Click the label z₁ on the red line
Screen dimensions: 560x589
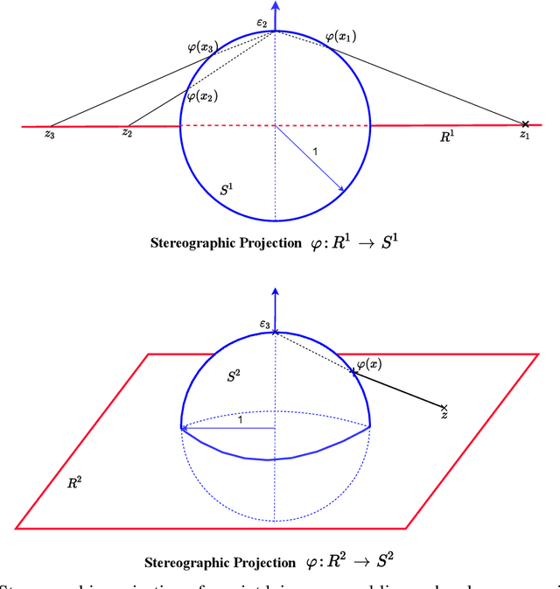pyautogui.click(x=524, y=136)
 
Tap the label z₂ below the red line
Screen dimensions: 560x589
pyautogui.click(x=127, y=134)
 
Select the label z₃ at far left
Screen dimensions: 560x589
pyautogui.click(x=50, y=136)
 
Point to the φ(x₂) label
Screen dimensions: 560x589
pyautogui.click(x=200, y=95)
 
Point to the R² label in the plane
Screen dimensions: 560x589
pyautogui.click(x=75, y=482)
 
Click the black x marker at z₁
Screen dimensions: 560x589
pyautogui.click(x=525, y=124)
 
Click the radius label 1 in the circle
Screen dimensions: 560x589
pyautogui.click(x=315, y=152)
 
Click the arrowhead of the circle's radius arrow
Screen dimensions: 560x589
pyautogui.click(x=339, y=187)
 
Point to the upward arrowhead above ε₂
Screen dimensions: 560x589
pyautogui.click(x=276, y=5)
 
